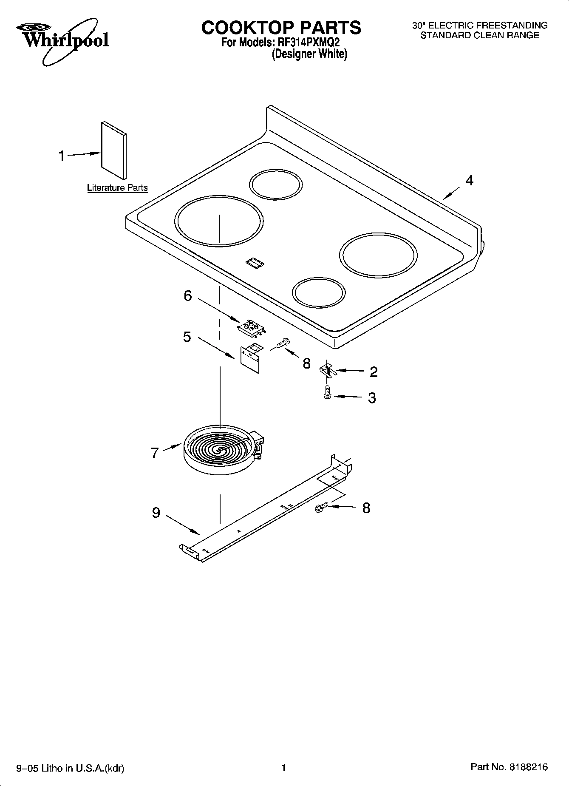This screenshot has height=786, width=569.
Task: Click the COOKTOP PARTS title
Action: (281, 28)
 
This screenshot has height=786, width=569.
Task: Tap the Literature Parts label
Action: (117, 187)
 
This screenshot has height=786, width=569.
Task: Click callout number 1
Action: (62, 156)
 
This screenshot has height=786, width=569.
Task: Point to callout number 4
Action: (469, 181)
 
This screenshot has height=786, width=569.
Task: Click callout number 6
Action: (188, 295)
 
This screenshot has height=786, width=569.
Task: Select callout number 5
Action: (187, 337)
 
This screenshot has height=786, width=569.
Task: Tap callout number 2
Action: (374, 372)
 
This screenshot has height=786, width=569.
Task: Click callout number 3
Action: (372, 398)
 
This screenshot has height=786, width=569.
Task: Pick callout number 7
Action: (155, 453)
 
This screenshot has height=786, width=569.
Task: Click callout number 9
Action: (156, 513)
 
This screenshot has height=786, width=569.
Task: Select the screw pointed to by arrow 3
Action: (327, 392)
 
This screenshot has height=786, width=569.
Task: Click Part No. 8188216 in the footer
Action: (509, 767)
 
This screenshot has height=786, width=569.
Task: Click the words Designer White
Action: (309, 54)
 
